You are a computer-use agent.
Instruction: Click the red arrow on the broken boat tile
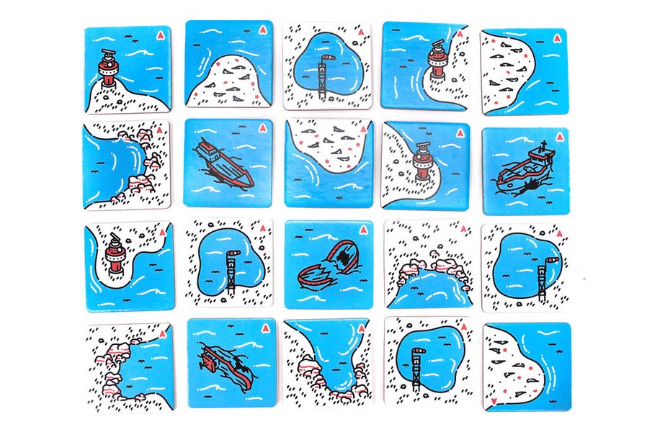[362, 230]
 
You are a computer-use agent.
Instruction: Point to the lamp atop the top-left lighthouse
[108, 55]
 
